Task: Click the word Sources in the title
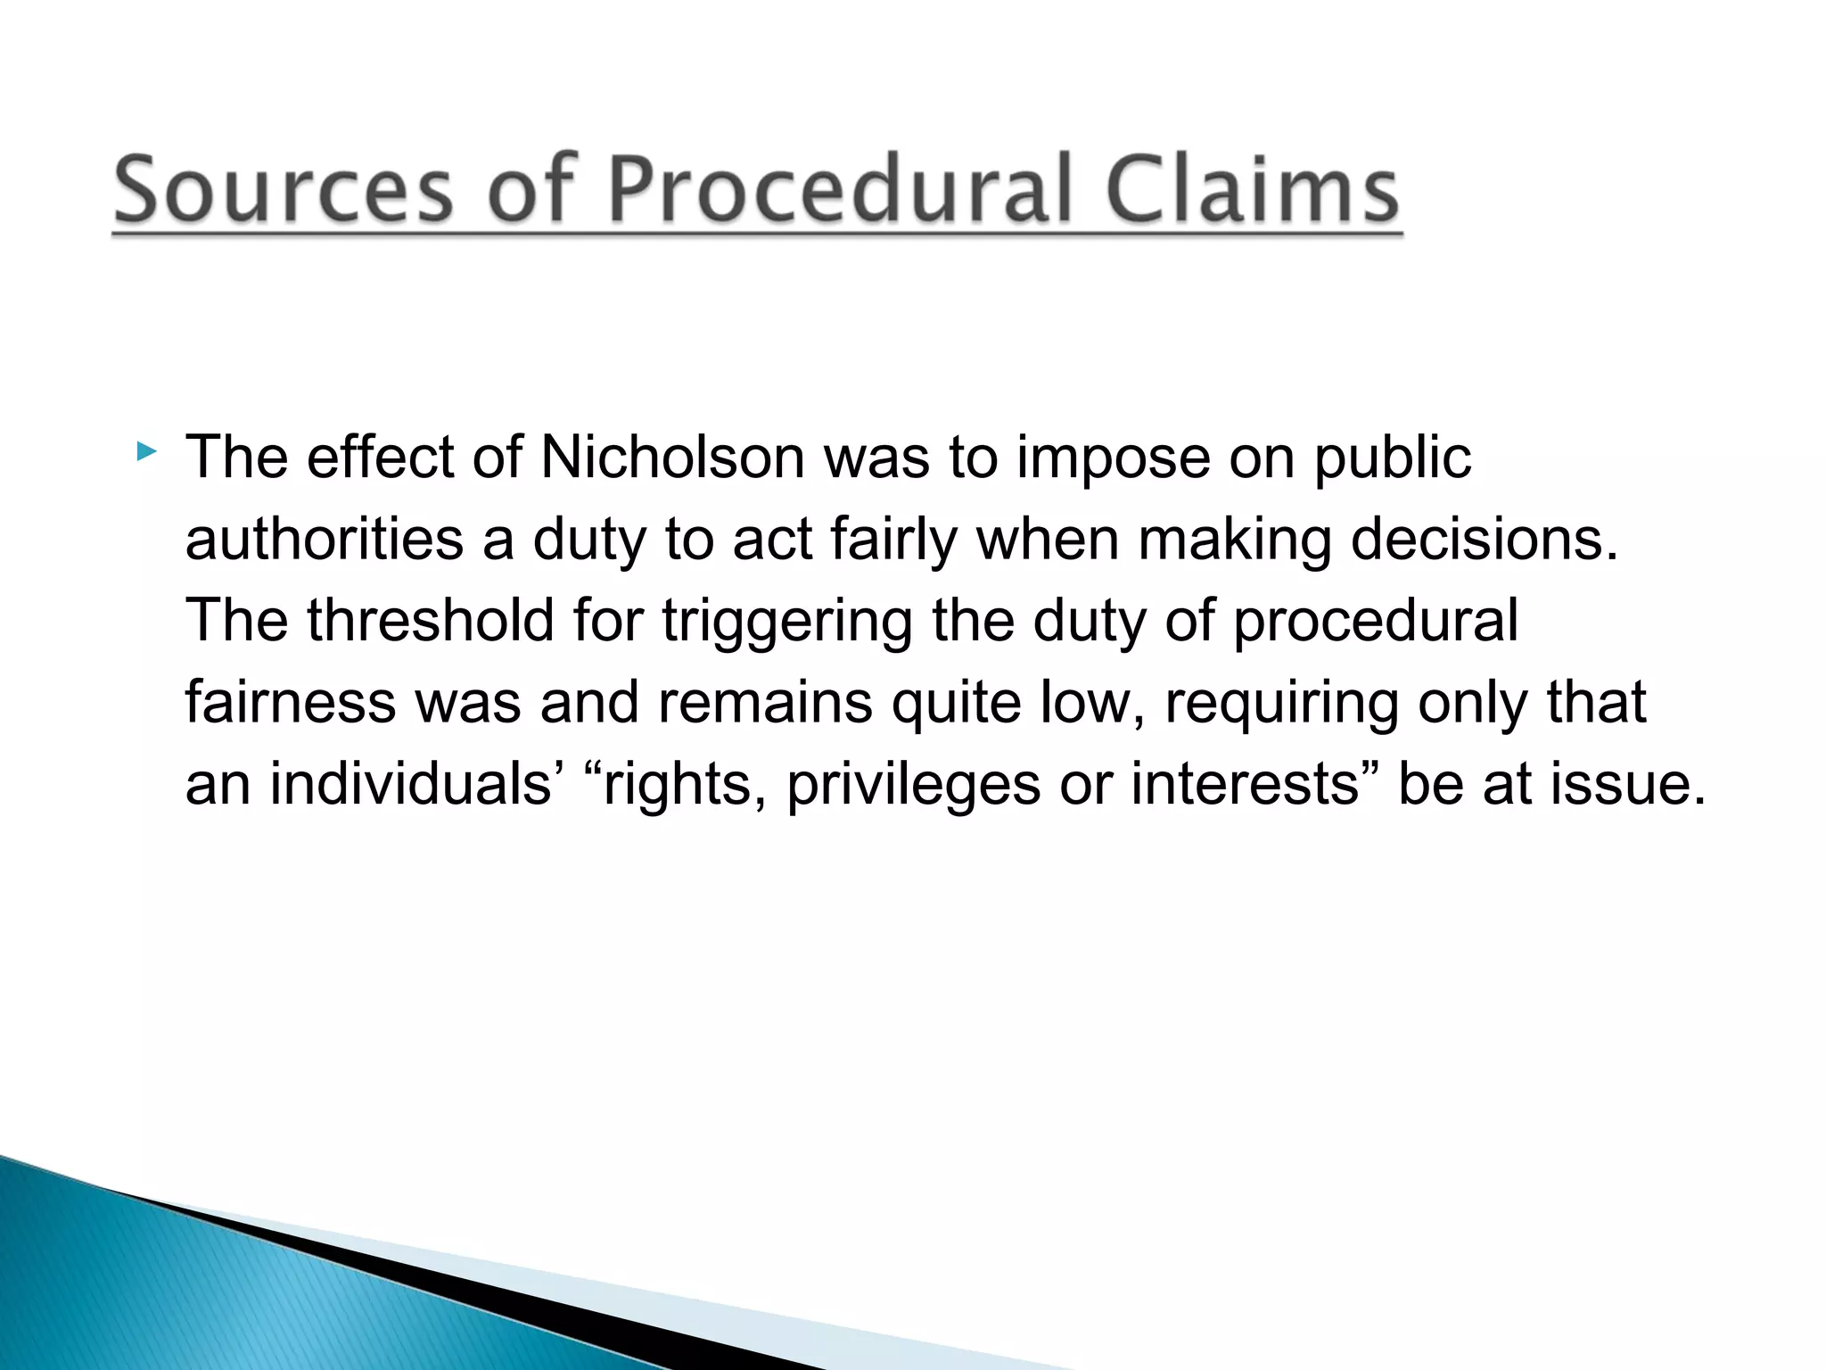pyautogui.click(x=284, y=191)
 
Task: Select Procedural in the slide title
pyautogui.click(x=840, y=191)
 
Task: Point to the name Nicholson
pyautogui.click(x=672, y=458)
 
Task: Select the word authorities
pyautogui.click(x=325, y=540)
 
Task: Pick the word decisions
pyautogui.click(x=1484, y=540)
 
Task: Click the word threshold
pyautogui.click(x=430, y=621)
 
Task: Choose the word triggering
pyautogui.click(x=786, y=623)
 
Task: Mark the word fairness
pyautogui.click(x=290, y=702)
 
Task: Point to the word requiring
pyautogui.click(x=1281, y=704)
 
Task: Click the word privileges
pyautogui.click(x=913, y=786)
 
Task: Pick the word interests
pyautogui.click(x=1245, y=784)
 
